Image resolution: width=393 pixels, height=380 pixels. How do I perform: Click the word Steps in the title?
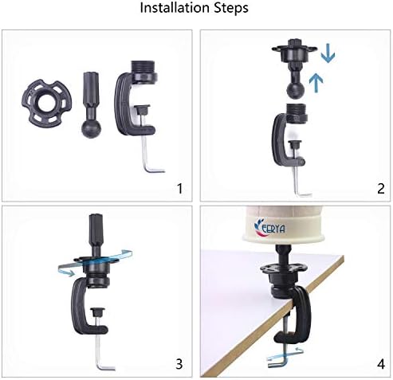[x=231, y=8]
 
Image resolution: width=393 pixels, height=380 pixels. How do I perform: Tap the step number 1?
[x=180, y=189]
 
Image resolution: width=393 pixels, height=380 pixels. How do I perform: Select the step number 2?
[x=380, y=189]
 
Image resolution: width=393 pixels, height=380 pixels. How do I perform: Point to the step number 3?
[x=179, y=364]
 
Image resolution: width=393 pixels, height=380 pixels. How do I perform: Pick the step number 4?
[x=381, y=364]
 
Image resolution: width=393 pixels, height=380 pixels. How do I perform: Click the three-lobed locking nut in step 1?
[x=47, y=104]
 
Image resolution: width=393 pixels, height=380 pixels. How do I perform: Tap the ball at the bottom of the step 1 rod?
[x=91, y=129]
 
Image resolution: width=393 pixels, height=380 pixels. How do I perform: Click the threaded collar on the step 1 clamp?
[x=143, y=70]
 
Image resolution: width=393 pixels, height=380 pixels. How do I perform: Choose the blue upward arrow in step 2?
[x=316, y=82]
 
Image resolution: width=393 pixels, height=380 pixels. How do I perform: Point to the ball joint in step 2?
[x=296, y=89]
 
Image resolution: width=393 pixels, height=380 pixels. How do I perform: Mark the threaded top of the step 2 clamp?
[x=297, y=112]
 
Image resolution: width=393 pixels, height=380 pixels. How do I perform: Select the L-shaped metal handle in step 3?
[x=101, y=352]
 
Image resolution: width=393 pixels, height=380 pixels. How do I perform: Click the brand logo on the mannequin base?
[x=269, y=228]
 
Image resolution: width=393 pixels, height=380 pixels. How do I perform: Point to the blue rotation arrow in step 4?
[x=285, y=355]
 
